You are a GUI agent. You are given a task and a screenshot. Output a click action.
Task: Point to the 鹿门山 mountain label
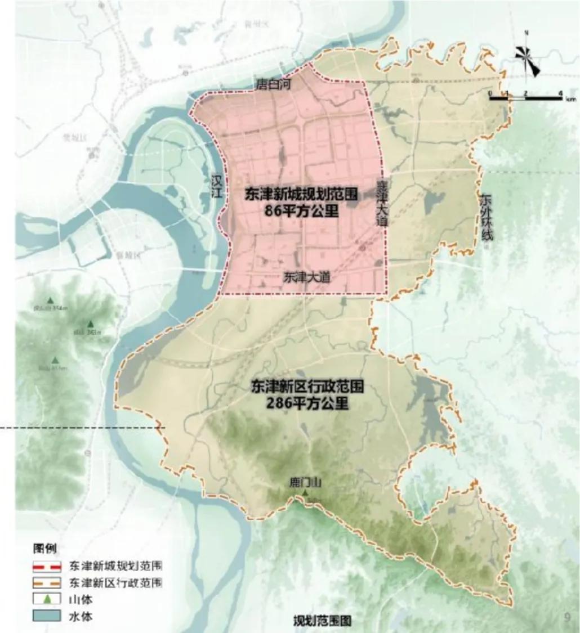coord(304,482)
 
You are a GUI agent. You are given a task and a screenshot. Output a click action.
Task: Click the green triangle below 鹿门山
coord(305,493)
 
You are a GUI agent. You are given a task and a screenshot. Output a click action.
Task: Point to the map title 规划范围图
coord(322,621)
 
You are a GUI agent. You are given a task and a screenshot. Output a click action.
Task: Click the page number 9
coord(567,617)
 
